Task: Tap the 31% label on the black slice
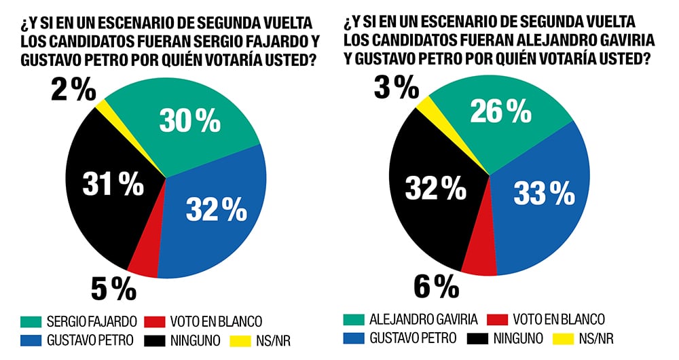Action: click(113, 183)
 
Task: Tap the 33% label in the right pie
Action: click(543, 194)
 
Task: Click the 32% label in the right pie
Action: click(436, 188)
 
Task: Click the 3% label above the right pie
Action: click(395, 87)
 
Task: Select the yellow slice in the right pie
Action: click(425, 105)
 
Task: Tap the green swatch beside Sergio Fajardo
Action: click(31, 321)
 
